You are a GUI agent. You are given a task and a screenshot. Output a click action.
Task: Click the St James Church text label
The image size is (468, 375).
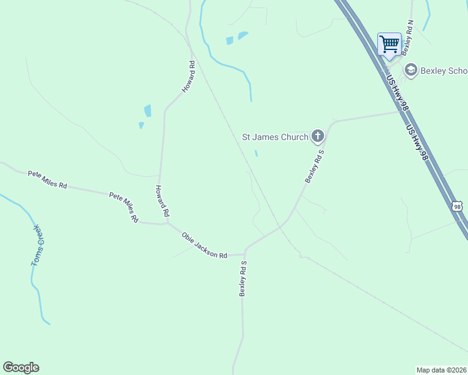pyautogui.click(x=275, y=137)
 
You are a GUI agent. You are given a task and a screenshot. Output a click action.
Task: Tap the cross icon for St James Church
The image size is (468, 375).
pyautogui.click(x=318, y=136)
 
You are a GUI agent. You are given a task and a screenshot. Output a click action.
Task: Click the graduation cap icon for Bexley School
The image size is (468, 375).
pyautogui.click(x=411, y=69)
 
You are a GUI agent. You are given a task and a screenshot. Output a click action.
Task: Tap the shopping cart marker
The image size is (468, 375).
pyautogui.click(x=389, y=44)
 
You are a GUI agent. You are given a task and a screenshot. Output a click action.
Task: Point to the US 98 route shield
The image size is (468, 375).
pyautogui.click(x=457, y=206)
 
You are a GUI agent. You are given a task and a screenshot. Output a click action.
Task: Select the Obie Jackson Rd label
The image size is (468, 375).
pyautogui.click(x=204, y=245)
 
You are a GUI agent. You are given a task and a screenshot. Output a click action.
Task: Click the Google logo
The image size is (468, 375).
pyautogui.click(x=21, y=367)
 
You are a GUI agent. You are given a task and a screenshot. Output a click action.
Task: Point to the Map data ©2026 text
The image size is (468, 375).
pyautogui.click(x=441, y=370)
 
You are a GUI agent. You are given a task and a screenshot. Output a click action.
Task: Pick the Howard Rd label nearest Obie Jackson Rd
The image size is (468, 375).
pyautogui.click(x=162, y=201)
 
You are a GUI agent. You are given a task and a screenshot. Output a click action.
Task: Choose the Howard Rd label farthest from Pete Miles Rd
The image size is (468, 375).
pyautogui.click(x=189, y=77)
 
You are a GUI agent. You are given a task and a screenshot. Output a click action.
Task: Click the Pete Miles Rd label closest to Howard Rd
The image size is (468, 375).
pyautogui.click(x=123, y=207)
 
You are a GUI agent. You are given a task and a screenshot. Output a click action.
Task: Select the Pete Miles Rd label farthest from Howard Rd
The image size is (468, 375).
pyautogui.click(x=47, y=180)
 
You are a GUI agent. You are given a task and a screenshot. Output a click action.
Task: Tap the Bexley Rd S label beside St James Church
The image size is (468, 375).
pyautogui.click(x=315, y=166)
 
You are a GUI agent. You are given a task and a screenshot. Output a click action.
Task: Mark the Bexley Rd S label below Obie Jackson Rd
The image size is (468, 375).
pyautogui.click(x=243, y=279)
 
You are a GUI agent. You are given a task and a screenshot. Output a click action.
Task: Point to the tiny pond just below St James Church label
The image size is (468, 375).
pyautogui.click(x=256, y=153)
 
